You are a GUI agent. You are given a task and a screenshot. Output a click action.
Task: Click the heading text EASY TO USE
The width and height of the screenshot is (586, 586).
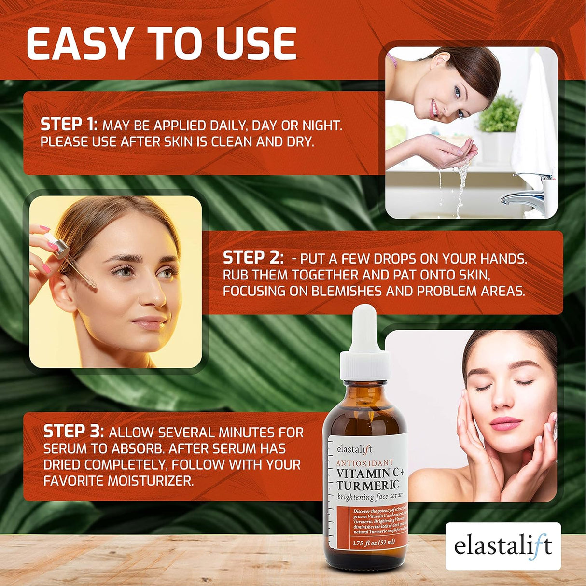click(x=161, y=43)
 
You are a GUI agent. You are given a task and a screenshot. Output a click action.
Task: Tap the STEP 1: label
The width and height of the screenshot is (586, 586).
click(x=69, y=125)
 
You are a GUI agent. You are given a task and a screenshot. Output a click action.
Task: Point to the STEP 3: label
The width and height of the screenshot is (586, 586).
click(x=73, y=431)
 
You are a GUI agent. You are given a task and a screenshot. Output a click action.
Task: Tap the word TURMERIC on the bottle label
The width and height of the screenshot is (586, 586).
click(x=368, y=485)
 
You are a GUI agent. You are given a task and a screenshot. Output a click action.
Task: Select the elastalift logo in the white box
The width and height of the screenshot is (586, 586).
click(x=502, y=545)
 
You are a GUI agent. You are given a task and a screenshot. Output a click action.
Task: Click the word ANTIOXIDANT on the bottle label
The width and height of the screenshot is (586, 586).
click(x=364, y=463)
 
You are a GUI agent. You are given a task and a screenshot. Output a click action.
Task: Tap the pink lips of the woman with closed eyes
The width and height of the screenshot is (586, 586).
click(x=505, y=423)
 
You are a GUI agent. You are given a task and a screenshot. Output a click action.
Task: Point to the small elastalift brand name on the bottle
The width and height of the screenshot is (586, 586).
click(x=355, y=449)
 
